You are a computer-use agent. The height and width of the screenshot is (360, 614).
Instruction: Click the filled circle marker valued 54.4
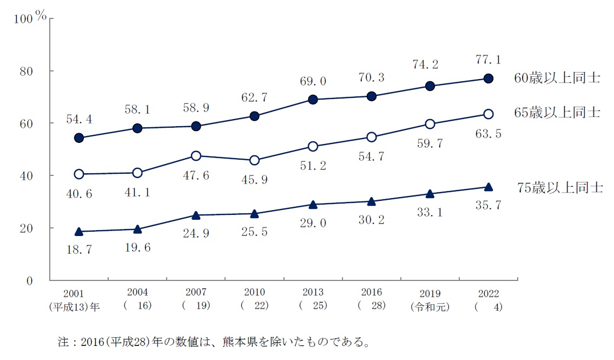(x=79, y=138)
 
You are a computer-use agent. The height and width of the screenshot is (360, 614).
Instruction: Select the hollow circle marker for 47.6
(x=196, y=156)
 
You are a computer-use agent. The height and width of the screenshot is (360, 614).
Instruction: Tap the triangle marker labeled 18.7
(x=79, y=232)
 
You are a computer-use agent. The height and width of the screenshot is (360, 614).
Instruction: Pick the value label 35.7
(x=488, y=206)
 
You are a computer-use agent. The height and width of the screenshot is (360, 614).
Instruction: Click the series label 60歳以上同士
(x=557, y=78)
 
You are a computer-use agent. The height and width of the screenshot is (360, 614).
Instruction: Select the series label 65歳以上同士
(x=557, y=113)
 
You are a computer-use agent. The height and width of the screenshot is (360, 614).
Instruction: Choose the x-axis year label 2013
(x=313, y=293)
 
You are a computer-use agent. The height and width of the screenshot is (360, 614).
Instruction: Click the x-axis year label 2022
(x=488, y=293)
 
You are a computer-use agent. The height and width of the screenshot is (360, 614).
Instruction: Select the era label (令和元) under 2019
(x=430, y=305)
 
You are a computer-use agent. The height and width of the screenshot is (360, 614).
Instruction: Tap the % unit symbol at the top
(x=41, y=16)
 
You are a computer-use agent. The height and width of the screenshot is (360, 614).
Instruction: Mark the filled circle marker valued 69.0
(x=313, y=100)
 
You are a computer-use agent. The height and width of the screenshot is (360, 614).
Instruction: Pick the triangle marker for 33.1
(x=430, y=194)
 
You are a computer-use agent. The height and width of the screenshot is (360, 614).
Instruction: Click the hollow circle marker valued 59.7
(x=430, y=124)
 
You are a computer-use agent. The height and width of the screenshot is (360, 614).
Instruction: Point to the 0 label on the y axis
(x=30, y=281)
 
